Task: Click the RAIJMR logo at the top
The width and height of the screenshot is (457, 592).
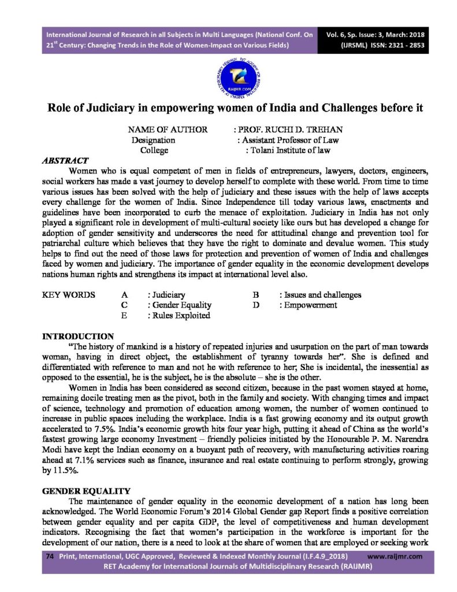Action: click(x=228, y=79)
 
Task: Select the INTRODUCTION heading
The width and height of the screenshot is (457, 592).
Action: click(x=79, y=336)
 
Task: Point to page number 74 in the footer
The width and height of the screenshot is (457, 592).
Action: click(x=50, y=556)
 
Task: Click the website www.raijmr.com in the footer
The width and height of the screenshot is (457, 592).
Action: click(x=395, y=556)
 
